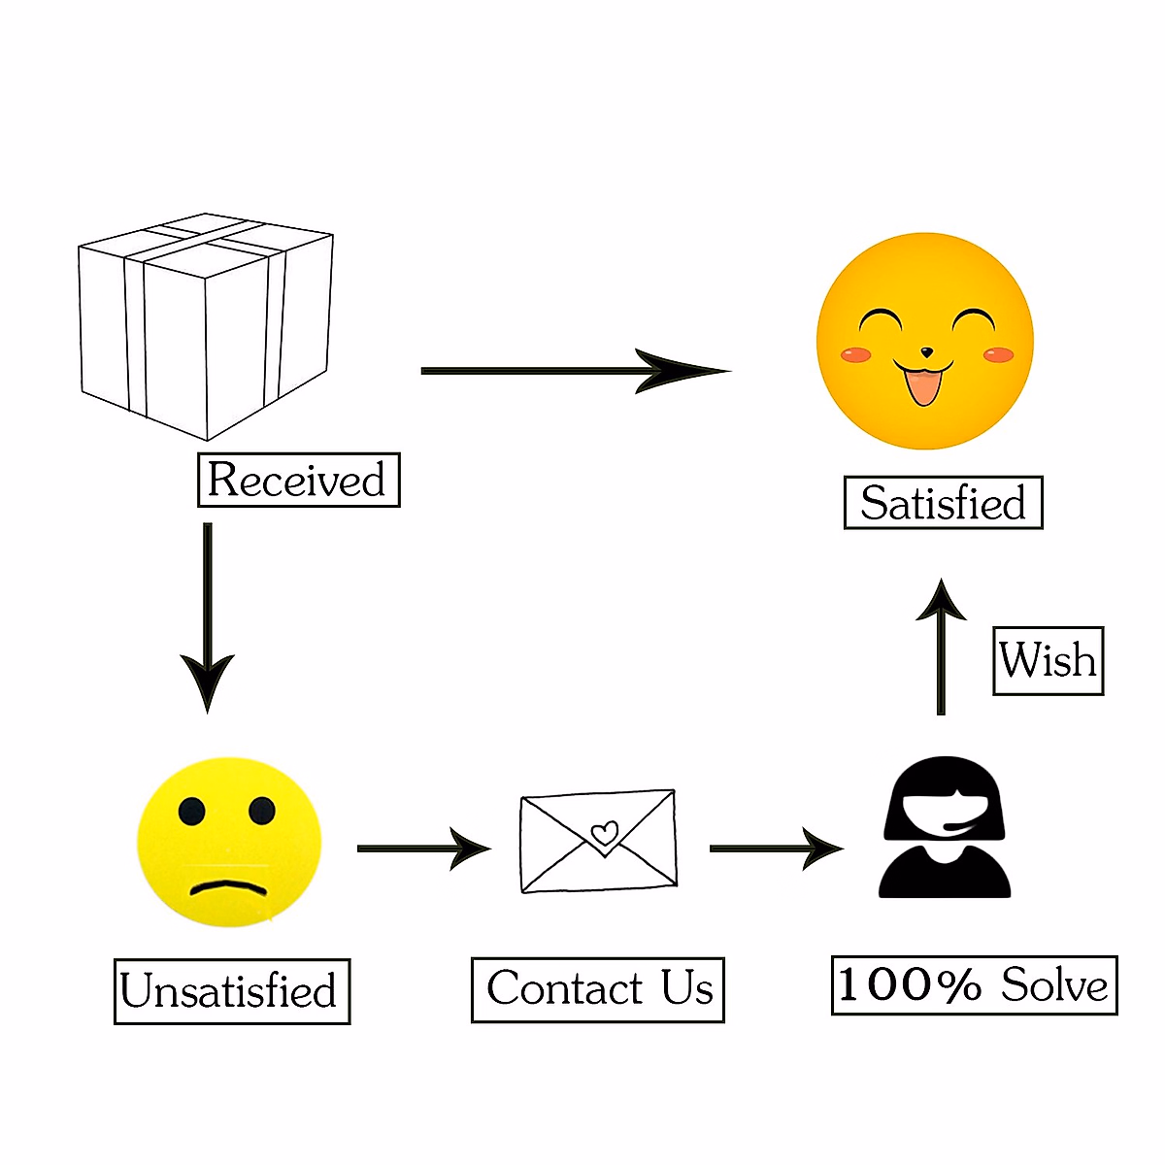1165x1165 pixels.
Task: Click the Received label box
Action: tap(298, 480)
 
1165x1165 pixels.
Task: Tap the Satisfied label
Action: tap(943, 503)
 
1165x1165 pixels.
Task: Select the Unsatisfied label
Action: tap(231, 991)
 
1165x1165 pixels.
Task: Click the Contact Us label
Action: tap(598, 989)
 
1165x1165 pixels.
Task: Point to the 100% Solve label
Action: tap(974, 985)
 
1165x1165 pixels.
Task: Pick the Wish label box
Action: tap(1048, 661)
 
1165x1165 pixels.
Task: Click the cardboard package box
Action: tap(206, 325)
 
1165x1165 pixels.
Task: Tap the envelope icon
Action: tap(598, 841)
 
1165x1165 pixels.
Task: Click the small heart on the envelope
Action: tap(605, 833)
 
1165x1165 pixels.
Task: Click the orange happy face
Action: tap(925, 341)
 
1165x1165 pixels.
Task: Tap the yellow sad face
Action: tap(229, 842)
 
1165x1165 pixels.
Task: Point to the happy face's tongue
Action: tap(922, 388)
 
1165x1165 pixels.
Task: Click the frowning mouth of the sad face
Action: tap(228, 887)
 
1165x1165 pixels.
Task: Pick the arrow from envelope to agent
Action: tap(776, 848)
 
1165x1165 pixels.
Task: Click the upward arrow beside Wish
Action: tap(941, 647)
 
